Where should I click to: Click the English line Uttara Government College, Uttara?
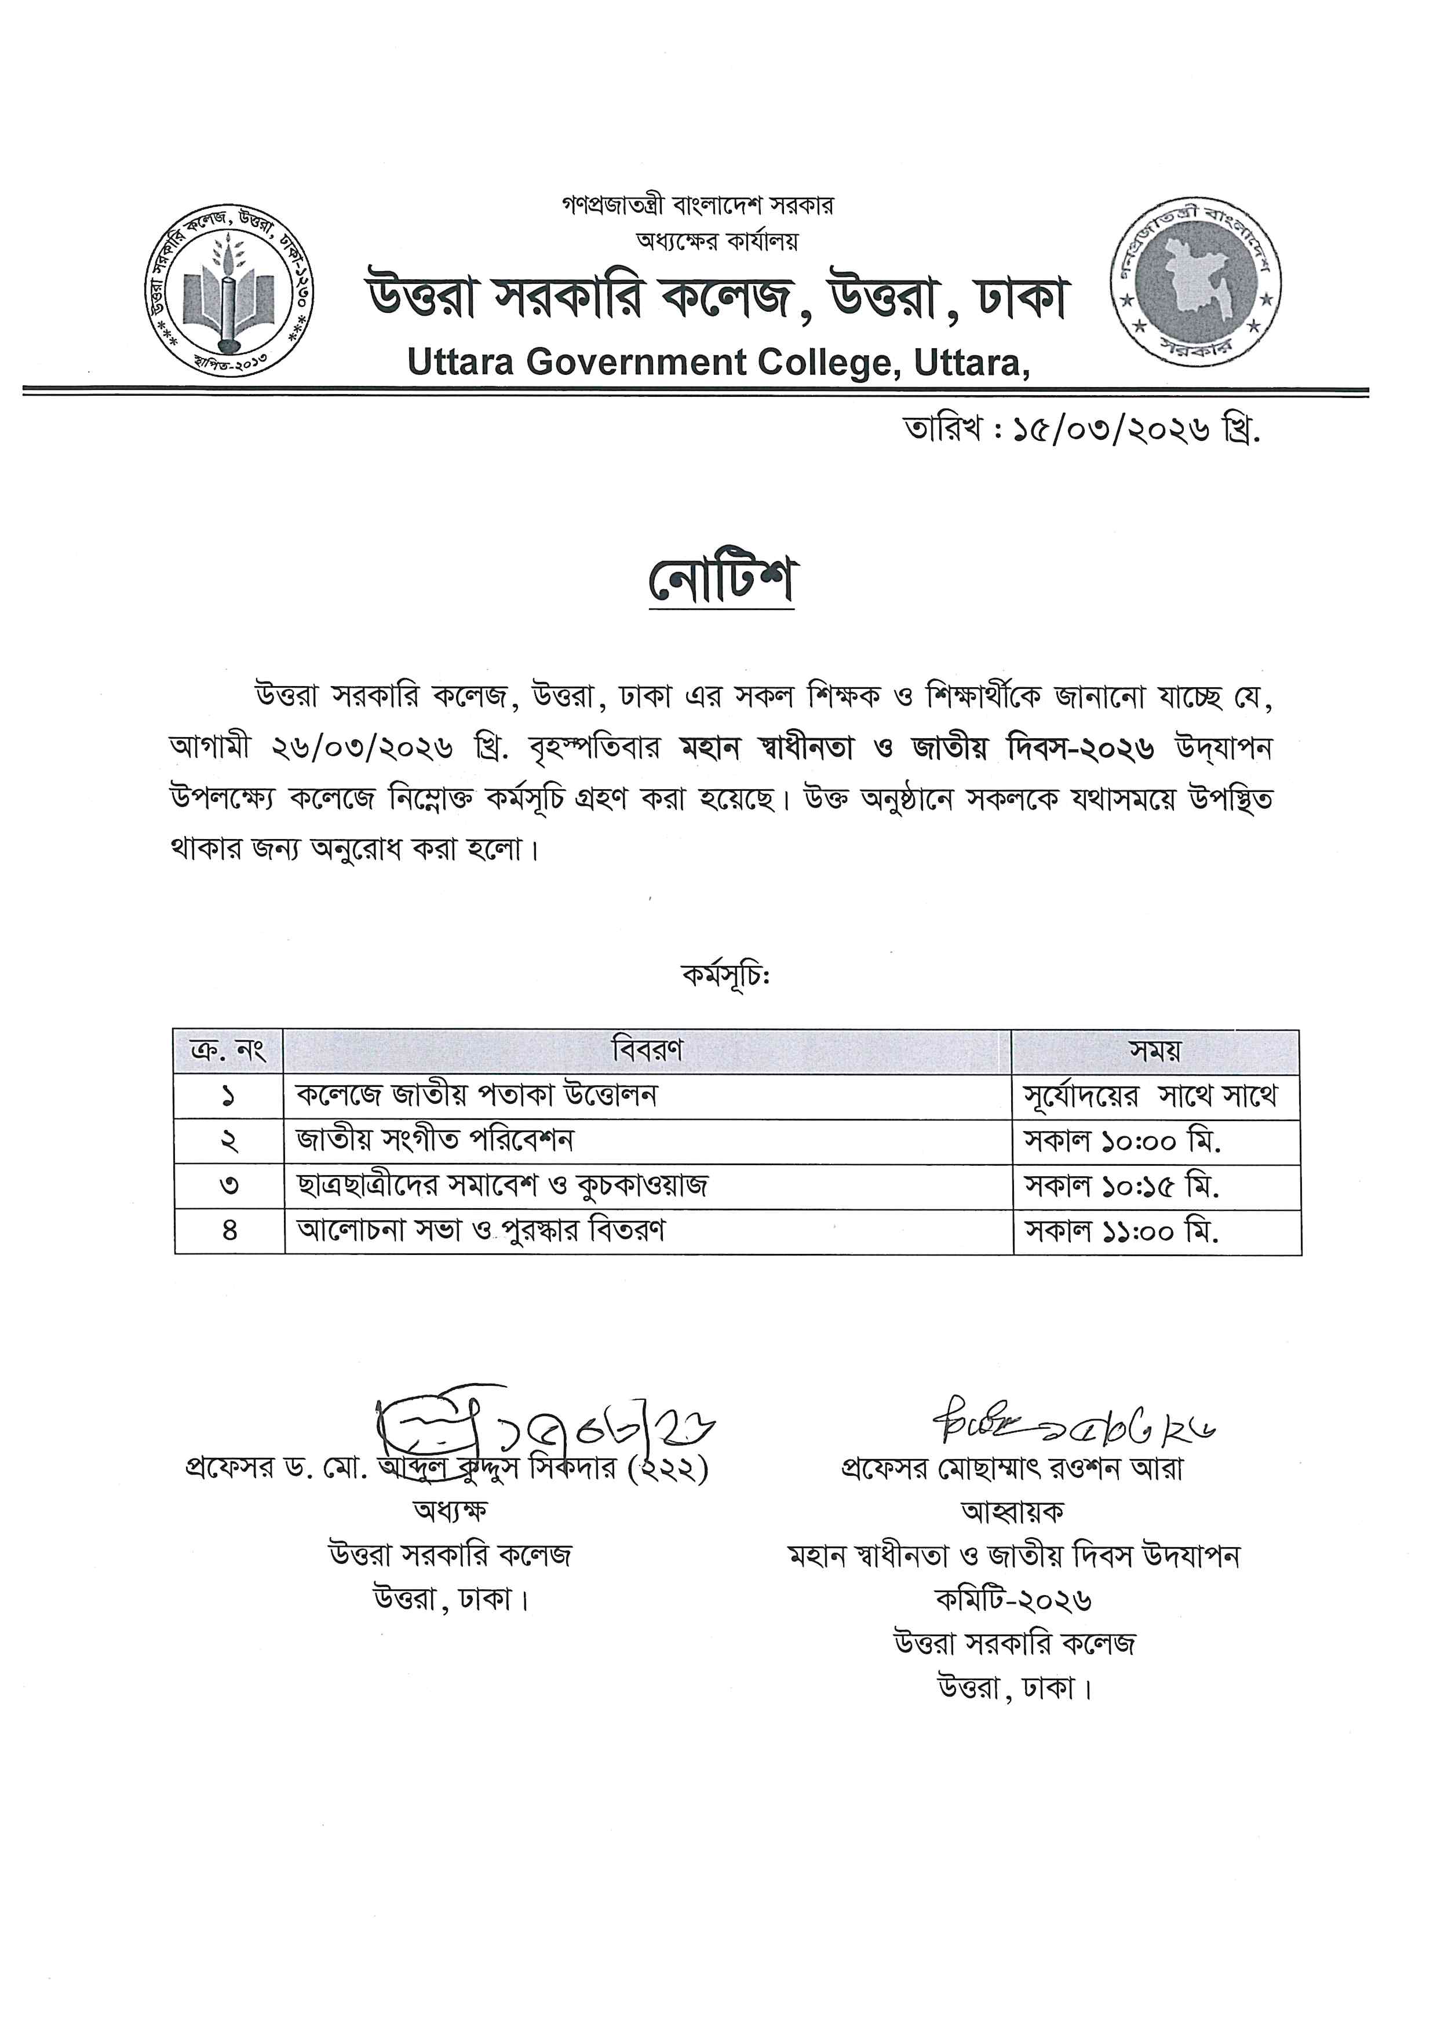(718, 363)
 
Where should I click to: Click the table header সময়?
(1155, 1052)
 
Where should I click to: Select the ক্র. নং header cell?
(228, 1052)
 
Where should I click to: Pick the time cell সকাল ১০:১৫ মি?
(1122, 1186)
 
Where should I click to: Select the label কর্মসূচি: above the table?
(725, 976)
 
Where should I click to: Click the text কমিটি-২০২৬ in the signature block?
(1013, 1599)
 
